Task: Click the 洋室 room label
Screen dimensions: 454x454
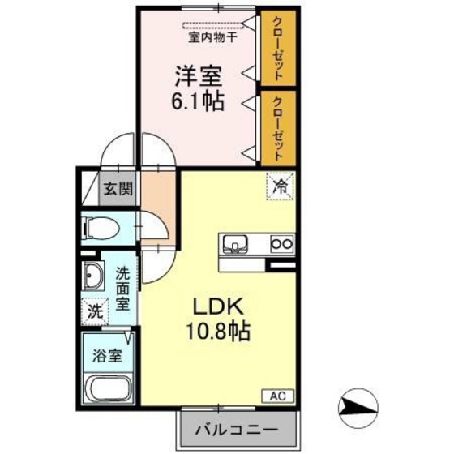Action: pyautogui.click(x=197, y=79)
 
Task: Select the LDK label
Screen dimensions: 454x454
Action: pyautogui.click(x=213, y=306)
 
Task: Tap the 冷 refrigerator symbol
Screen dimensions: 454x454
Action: pyautogui.click(x=280, y=186)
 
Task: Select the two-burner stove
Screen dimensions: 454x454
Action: pyautogui.click(x=281, y=242)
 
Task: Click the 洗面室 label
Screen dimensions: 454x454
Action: pyautogui.click(x=122, y=289)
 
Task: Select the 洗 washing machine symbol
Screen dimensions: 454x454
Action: pyautogui.click(x=95, y=310)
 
